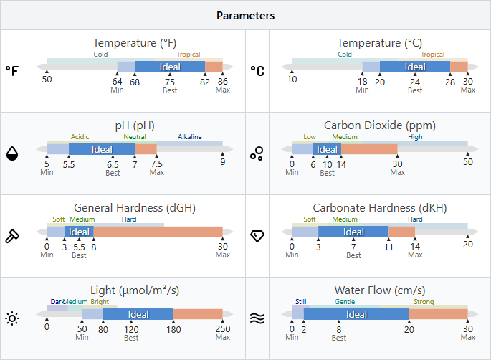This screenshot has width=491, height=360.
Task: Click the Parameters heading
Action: pyautogui.click(x=245, y=15)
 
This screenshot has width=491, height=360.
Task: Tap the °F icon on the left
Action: pyautogui.click(x=12, y=71)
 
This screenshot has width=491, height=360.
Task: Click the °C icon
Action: pyautogui.click(x=257, y=71)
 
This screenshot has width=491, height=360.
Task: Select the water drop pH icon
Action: pyautogui.click(x=12, y=153)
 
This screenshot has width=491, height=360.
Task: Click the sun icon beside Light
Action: pyautogui.click(x=12, y=318)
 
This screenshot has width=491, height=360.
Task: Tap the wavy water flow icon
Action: pyautogui.click(x=257, y=318)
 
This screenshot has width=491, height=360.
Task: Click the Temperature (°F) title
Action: pyautogui.click(x=135, y=43)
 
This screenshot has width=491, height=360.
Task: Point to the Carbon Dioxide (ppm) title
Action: pyautogui.click(x=379, y=125)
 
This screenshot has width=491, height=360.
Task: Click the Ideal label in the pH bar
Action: pyautogui.click(x=102, y=150)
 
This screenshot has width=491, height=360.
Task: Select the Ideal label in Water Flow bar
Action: pyautogui.click(x=356, y=314)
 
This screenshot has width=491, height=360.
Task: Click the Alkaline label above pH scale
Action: pyautogui.click(x=190, y=137)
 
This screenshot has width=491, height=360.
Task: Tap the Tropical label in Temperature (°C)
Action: pyautogui.click(x=432, y=55)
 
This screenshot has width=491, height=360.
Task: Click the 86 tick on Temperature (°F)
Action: pyautogui.click(x=223, y=81)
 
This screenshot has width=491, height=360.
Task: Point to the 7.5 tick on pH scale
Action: pyautogui.click(x=157, y=164)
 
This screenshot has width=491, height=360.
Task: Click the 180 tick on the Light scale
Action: pyautogui.click(x=173, y=328)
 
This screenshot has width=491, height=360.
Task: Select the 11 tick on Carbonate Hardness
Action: pyautogui.click(x=388, y=246)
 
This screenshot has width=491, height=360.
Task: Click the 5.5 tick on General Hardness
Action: pyautogui.click(x=79, y=246)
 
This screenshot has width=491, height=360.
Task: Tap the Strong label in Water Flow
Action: pyautogui.click(x=423, y=302)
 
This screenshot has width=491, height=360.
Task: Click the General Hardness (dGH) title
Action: pyautogui.click(x=135, y=208)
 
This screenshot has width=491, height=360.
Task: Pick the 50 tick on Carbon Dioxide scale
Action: pyautogui.click(x=468, y=162)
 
